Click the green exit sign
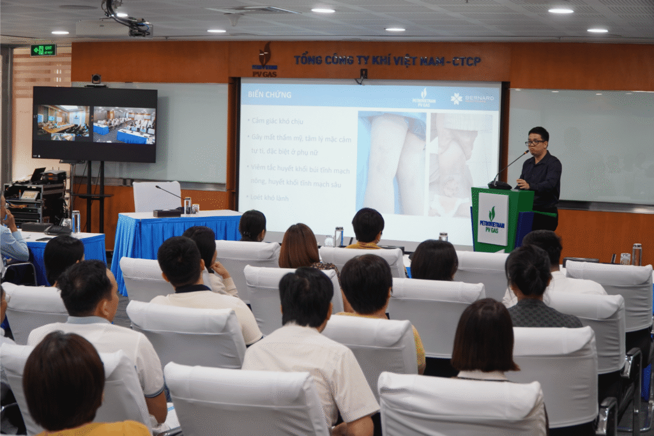43,49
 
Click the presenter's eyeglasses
534,142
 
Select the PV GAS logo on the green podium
492,220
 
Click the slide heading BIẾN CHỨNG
270,94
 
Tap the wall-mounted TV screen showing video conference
95,123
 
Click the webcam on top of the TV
96,80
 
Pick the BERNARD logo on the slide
473,98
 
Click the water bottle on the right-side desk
636,254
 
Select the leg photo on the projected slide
393,163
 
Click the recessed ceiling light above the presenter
560,10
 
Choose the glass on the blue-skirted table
187,206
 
